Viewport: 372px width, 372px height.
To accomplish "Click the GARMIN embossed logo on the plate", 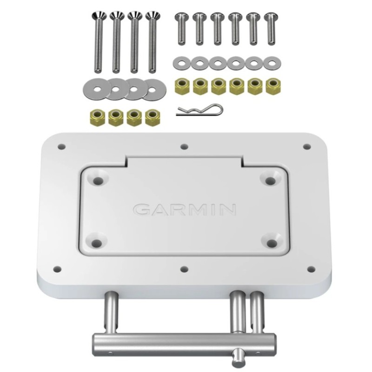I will pos(185,210).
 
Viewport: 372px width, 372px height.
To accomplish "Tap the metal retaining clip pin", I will pos(199,111).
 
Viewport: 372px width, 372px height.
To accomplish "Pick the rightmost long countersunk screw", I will pos(152,42).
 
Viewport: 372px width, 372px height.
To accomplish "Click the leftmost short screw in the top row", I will pos(180,27).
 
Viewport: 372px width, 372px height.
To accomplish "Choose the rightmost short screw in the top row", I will pos(270,27).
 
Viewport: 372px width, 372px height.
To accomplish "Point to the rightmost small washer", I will pos(271,62).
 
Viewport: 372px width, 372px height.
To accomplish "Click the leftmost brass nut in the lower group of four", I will pos(97,117).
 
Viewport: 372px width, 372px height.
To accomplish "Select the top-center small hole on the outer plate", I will pos(184,146).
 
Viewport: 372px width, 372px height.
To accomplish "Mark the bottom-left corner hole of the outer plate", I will pos(58,269).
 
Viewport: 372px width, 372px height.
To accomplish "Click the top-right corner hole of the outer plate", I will pos(306,146).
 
